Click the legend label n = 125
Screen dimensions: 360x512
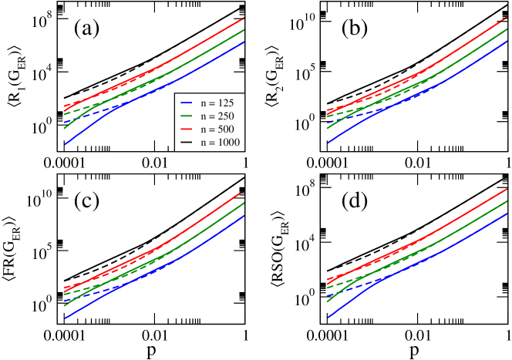(x=216, y=103)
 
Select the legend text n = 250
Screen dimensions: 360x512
(x=216, y=116)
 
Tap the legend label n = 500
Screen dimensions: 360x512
(x=216, y=129)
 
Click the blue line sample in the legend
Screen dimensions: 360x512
(x=186, y=103)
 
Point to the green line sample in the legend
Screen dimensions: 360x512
(x=186, y=116)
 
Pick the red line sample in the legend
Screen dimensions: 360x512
(x=186, y=129)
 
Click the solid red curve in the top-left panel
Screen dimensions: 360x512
(x=208, y=40)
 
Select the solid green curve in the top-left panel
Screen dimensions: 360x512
(x=208, y=52)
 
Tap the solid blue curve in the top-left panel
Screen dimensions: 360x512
(x=208, y=65)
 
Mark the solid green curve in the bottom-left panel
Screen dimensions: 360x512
(x=208, y=229)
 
